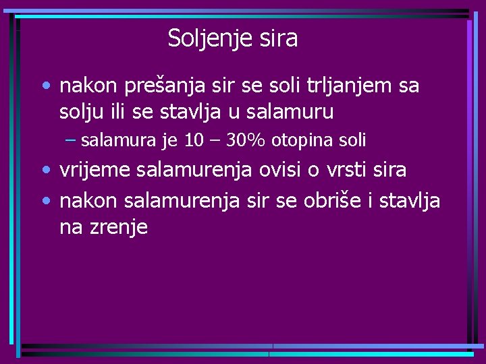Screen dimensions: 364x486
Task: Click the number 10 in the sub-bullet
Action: [193, 140]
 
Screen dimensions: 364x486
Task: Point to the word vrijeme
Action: [95, 171]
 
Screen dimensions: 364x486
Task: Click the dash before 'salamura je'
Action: [71, 140]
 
